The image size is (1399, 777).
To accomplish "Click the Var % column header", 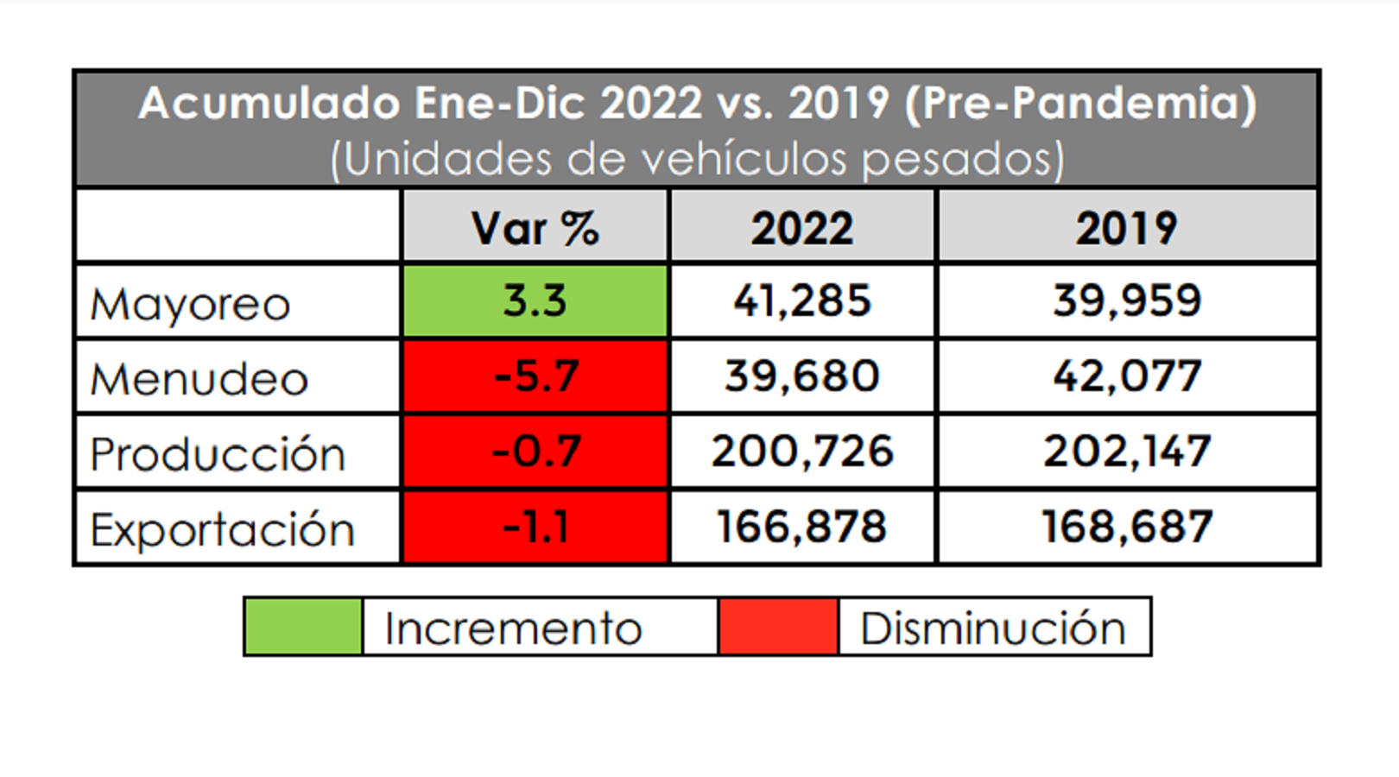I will tap(535, 228).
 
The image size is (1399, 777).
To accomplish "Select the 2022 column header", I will tap(802, 228).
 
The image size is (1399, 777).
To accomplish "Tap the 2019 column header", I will tap(1126, 228).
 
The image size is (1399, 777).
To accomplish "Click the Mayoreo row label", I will tap(190, 304).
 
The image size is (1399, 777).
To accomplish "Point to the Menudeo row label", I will tap(199, 379).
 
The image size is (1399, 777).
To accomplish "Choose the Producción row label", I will tap(218, 454).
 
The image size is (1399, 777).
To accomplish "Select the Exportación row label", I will tap(223, 529).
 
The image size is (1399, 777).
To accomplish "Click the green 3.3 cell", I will tap(535, 300).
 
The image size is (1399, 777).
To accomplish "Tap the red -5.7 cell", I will tap(535, 376).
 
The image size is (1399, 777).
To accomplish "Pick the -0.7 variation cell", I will tap(535, 452).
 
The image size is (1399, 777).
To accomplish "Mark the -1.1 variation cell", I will tap(535, 527).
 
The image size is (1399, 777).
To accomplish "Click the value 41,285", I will tap(802, 300).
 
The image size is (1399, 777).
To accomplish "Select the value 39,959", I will tap(1126, 300).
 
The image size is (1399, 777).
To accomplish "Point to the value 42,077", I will tap(1126, 376).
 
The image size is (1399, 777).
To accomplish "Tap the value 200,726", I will tap(802, 452).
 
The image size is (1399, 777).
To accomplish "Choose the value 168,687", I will tap(1126, 527).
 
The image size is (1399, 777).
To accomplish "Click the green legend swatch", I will tap(303, 627).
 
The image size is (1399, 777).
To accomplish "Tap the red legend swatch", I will tap(778, 627).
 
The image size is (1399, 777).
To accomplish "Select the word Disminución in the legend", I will tap(993, 628).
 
